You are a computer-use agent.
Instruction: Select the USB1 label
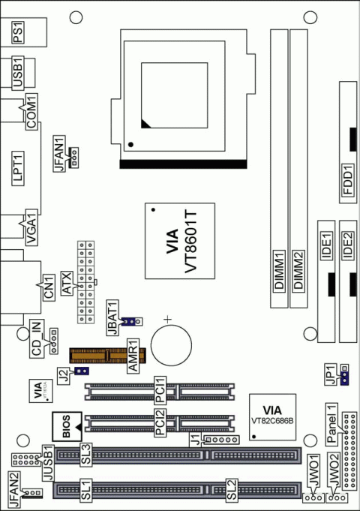(19, 72)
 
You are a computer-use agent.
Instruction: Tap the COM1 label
(32, 111)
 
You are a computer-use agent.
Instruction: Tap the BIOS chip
(66, 428)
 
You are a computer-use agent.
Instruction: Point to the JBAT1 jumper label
(114, 317)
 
